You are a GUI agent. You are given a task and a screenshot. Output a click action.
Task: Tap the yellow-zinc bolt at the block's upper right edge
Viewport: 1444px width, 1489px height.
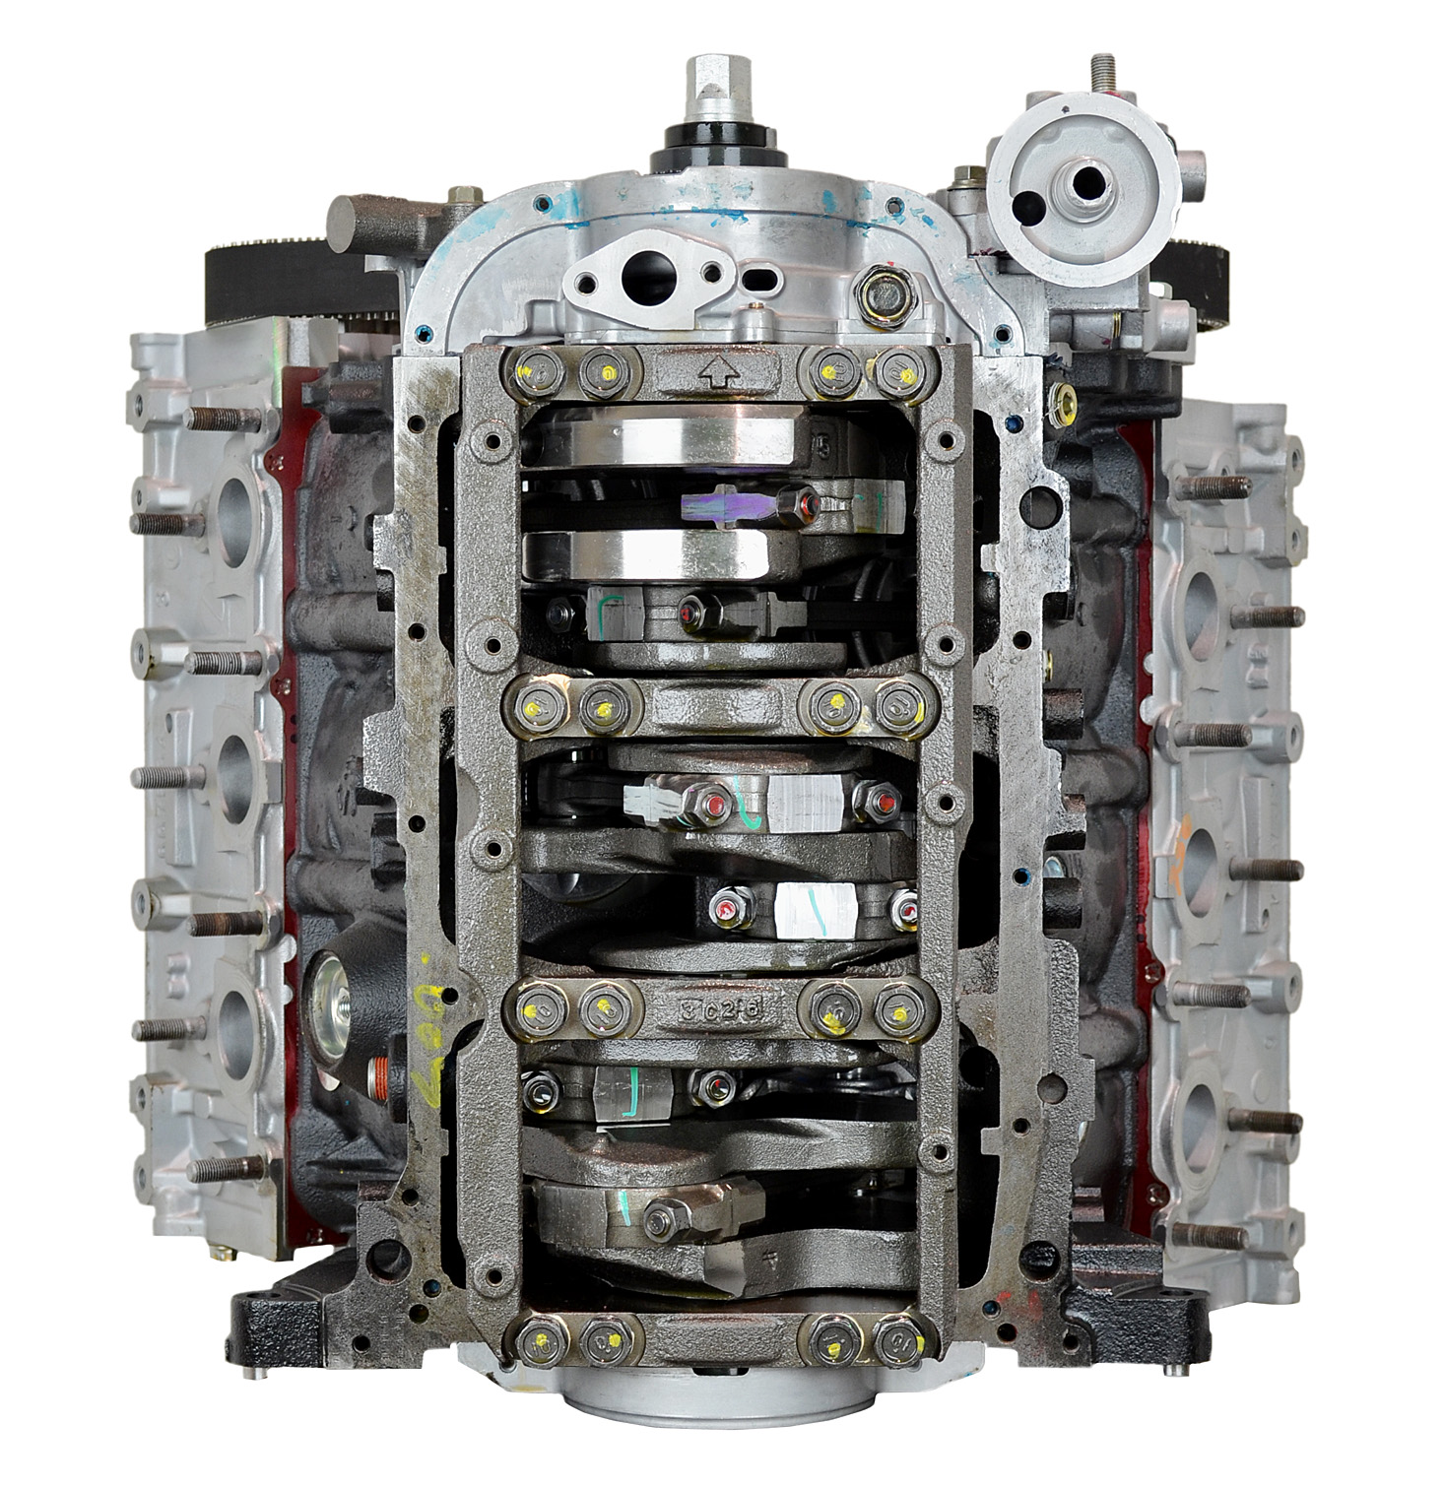(x=1063, y=399)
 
